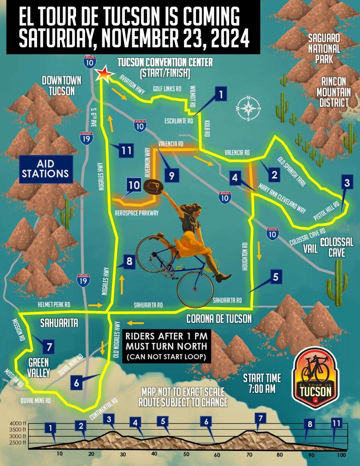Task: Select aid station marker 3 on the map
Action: coord(347,183)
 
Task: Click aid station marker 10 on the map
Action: coord(134,185)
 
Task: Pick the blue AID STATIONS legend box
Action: coord(45,169)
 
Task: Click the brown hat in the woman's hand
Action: coord(153,187)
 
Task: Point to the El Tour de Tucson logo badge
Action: coord(316,378)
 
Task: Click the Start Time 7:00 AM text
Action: coord(262,383)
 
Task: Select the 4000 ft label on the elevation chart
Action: coord(18,423)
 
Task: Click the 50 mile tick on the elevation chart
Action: coord(186,454)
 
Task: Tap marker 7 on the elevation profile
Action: coord(260,418)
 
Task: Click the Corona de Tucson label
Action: coord(219,319)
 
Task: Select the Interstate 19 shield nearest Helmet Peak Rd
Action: coord(83,280)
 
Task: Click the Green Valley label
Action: coord(39,367)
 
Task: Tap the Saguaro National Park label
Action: coord(324,49)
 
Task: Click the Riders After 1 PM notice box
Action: coord(166,346)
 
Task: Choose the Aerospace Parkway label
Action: coord(136,213)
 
